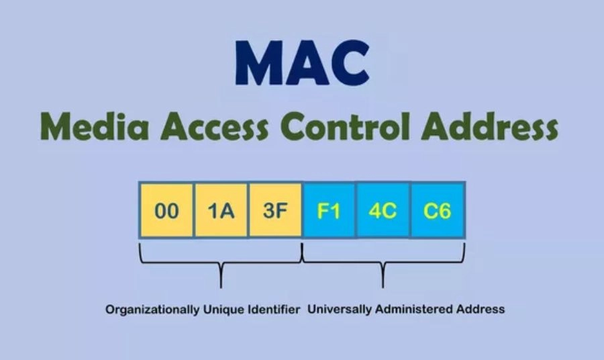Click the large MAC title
302,64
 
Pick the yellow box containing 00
166,210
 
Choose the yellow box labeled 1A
221,210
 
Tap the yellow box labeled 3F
275,210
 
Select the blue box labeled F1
329,210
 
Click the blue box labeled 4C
383,210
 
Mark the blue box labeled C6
438,210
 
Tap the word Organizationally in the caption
152,310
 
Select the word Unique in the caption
219,310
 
